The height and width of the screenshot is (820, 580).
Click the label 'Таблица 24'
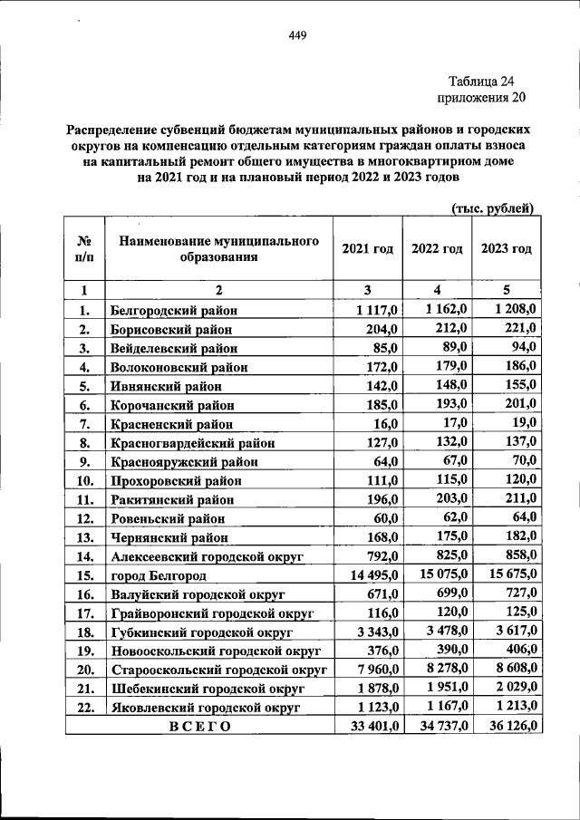pyautogui.click(x=486, y=81)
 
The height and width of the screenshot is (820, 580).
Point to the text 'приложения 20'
pyautogui.click(x=480, y=98)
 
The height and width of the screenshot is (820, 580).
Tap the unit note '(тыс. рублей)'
pyautogui.click(x=493, y=209)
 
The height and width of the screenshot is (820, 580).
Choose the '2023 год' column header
pyautogui.click(x=506, y=249)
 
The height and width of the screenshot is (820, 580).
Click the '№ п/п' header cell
pyautogui.click(x=83, y=249)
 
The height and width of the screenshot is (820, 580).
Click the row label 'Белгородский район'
pyautogui.click(x=169, y=310)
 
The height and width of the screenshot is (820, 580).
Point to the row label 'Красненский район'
pyautogui.click(x=171, y=423)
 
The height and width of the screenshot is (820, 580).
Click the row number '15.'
pyautogui.click(x=87, y=575)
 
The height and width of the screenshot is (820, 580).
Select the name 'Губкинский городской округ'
pyautogui.click(x=199, y=632)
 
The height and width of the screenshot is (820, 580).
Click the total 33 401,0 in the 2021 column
pyautogui.click(x=369, y=726)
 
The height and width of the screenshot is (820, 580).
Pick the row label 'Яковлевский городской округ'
pyautogui.click(x=204, y=707)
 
